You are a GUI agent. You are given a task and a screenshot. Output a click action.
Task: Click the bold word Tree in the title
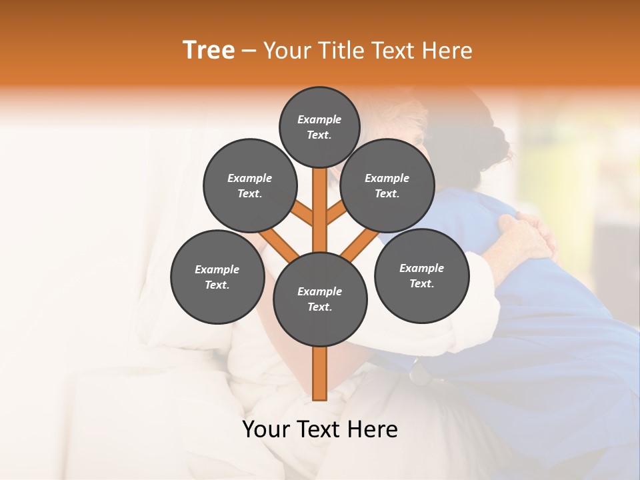click(x=209, y=51)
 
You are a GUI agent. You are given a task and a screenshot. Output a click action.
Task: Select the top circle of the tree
click(x=319, y=127)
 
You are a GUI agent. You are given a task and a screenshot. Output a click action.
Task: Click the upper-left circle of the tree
click(x=249, y=185)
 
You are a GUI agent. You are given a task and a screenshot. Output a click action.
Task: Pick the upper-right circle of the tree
click(x=387, y=185)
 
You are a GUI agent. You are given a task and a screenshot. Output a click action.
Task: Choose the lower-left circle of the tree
click(x=217, y=277)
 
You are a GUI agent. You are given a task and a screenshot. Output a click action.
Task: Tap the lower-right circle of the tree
click(x=421, y=275)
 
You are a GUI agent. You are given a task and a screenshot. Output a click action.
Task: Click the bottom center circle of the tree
click(x=320, y=299)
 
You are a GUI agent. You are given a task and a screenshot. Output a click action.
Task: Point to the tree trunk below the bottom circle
click(x=320, y=373)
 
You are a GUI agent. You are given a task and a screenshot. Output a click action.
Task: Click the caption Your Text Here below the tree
click(x=320, y=429)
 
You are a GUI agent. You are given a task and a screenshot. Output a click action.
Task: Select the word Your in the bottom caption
click(x=267, y=429)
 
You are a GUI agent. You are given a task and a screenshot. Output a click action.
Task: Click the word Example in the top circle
click(x=319, y=119)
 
